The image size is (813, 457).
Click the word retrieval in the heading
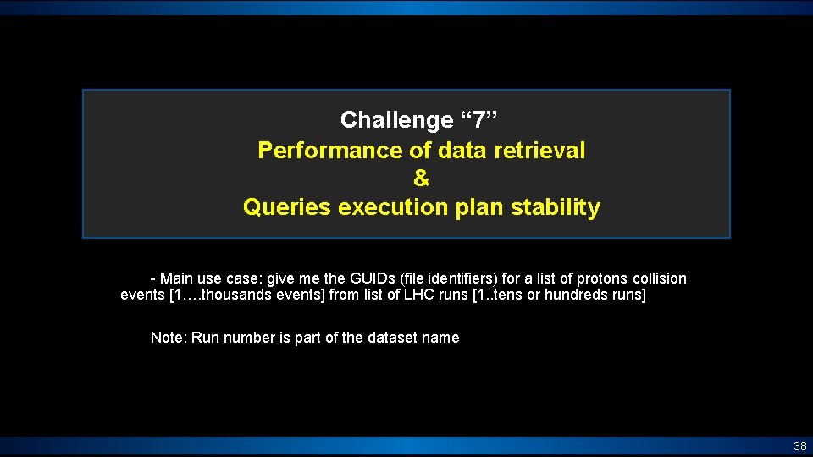539,151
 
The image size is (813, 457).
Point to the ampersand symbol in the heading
421,179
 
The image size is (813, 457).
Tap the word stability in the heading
556,207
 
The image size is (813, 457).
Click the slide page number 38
799,446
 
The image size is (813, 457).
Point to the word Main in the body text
176,278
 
